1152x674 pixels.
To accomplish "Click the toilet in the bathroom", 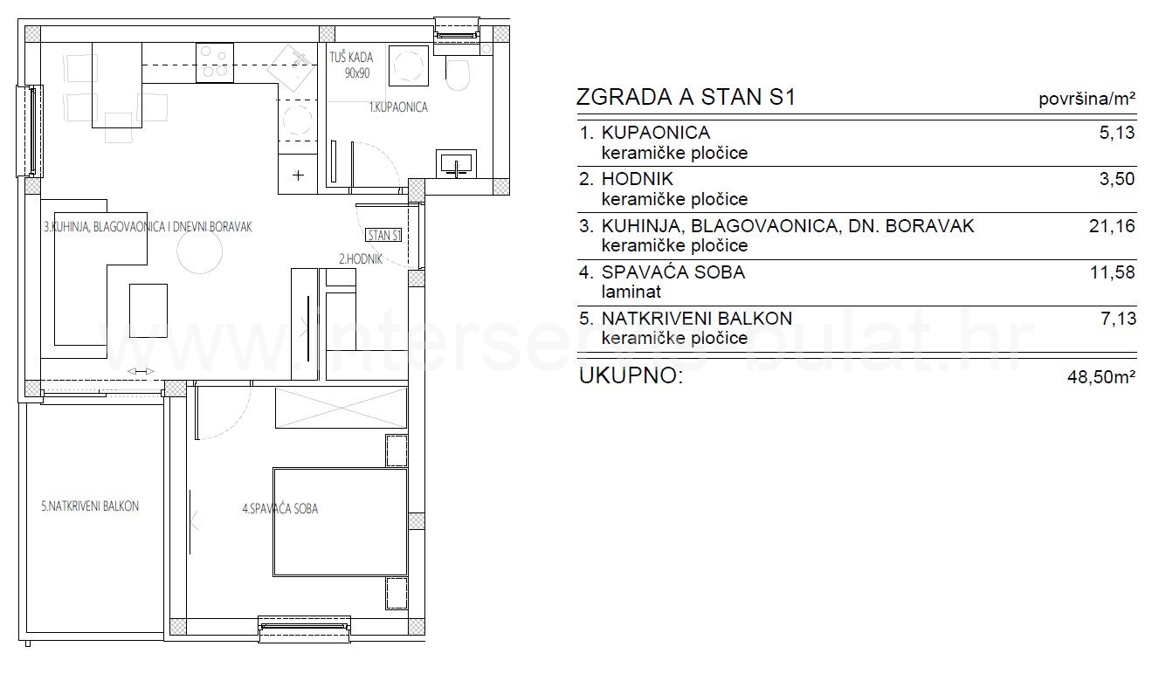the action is coord(457,75).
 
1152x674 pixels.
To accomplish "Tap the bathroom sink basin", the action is coord(456,163).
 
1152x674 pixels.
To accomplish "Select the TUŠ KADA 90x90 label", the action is coord(351,65).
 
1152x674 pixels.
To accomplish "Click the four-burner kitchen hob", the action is coord(215,63).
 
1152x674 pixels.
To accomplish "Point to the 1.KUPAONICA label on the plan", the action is coord(398,107).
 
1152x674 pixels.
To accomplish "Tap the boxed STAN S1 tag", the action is coord(384,236).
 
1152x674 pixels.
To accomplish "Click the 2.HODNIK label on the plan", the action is coord(361,259).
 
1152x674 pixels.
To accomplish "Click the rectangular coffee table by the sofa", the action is coord(148,311).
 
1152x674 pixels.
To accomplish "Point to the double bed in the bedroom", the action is coord(340,522).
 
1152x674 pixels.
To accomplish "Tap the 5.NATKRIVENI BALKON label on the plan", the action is coord(90,506).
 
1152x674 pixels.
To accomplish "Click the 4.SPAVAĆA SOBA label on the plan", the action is coord(280,509).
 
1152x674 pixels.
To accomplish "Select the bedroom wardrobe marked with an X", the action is coord(341,408).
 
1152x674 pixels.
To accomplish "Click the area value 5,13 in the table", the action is coord(1116,133).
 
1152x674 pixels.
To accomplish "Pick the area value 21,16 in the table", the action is coord(1112,226).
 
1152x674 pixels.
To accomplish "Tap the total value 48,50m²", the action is coord(1101,377).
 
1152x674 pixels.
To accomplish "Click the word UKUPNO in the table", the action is coord(631,375).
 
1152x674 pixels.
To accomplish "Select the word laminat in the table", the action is coord(631,292).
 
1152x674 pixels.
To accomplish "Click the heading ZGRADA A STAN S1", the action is coord(686,97).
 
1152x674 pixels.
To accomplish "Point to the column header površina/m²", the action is coord(1086,99).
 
